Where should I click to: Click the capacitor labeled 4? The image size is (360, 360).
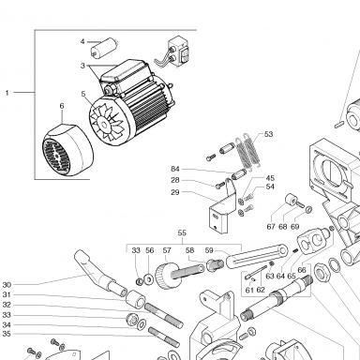coord(104,47)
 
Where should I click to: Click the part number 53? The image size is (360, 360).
coord(268,134)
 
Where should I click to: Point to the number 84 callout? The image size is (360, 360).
coord(175,169)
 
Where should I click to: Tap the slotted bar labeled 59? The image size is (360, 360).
coord(257,256)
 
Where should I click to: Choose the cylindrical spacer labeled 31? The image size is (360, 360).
coord(136,298)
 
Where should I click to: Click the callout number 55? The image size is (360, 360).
coord(182,233)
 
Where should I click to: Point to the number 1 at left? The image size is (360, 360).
coord(7,93)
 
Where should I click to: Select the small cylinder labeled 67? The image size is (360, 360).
coord(291,201)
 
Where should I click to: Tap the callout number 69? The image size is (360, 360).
coord(294,227)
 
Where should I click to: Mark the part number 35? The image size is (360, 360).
coord(7,334)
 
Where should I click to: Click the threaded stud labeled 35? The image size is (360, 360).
coord(164,337)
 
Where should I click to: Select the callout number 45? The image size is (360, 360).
coord(270,178)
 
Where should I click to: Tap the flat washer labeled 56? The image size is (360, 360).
coord(149,279)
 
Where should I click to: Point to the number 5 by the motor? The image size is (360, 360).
coord(83,94)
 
